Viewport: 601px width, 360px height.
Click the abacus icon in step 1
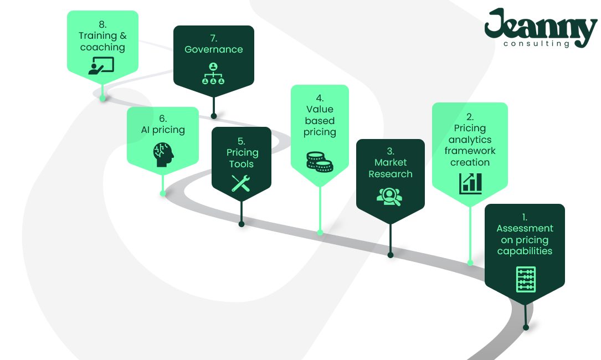coord(525,279)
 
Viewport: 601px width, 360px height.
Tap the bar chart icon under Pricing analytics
coord(470,183)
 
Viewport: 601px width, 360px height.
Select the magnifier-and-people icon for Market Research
coord(389,196)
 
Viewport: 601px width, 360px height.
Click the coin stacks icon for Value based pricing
coord(320,160)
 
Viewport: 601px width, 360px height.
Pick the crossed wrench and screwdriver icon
coord(242,182)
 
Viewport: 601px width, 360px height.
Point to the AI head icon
coord(163,155)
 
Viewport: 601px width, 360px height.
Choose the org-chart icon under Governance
coord(213,74)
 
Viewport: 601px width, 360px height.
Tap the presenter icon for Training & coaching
coord(101,65)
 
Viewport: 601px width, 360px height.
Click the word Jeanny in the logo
coord(540,26)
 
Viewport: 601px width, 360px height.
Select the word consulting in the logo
coord(536,44)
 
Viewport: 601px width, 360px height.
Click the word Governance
coord(214,49)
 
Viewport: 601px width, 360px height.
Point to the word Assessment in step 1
coord(525,228)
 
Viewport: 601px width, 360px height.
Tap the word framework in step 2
coord(470,151)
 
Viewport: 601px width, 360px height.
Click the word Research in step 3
coord(391,174)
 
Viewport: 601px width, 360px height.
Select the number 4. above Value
coord(320,98)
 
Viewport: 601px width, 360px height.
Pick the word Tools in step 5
coord(242,164)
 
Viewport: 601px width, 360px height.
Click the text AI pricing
coord(163,130)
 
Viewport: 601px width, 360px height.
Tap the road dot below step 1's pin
coord(526,327)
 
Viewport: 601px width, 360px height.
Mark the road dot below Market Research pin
coord(390,255)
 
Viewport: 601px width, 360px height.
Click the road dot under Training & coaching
coord(102,99)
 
